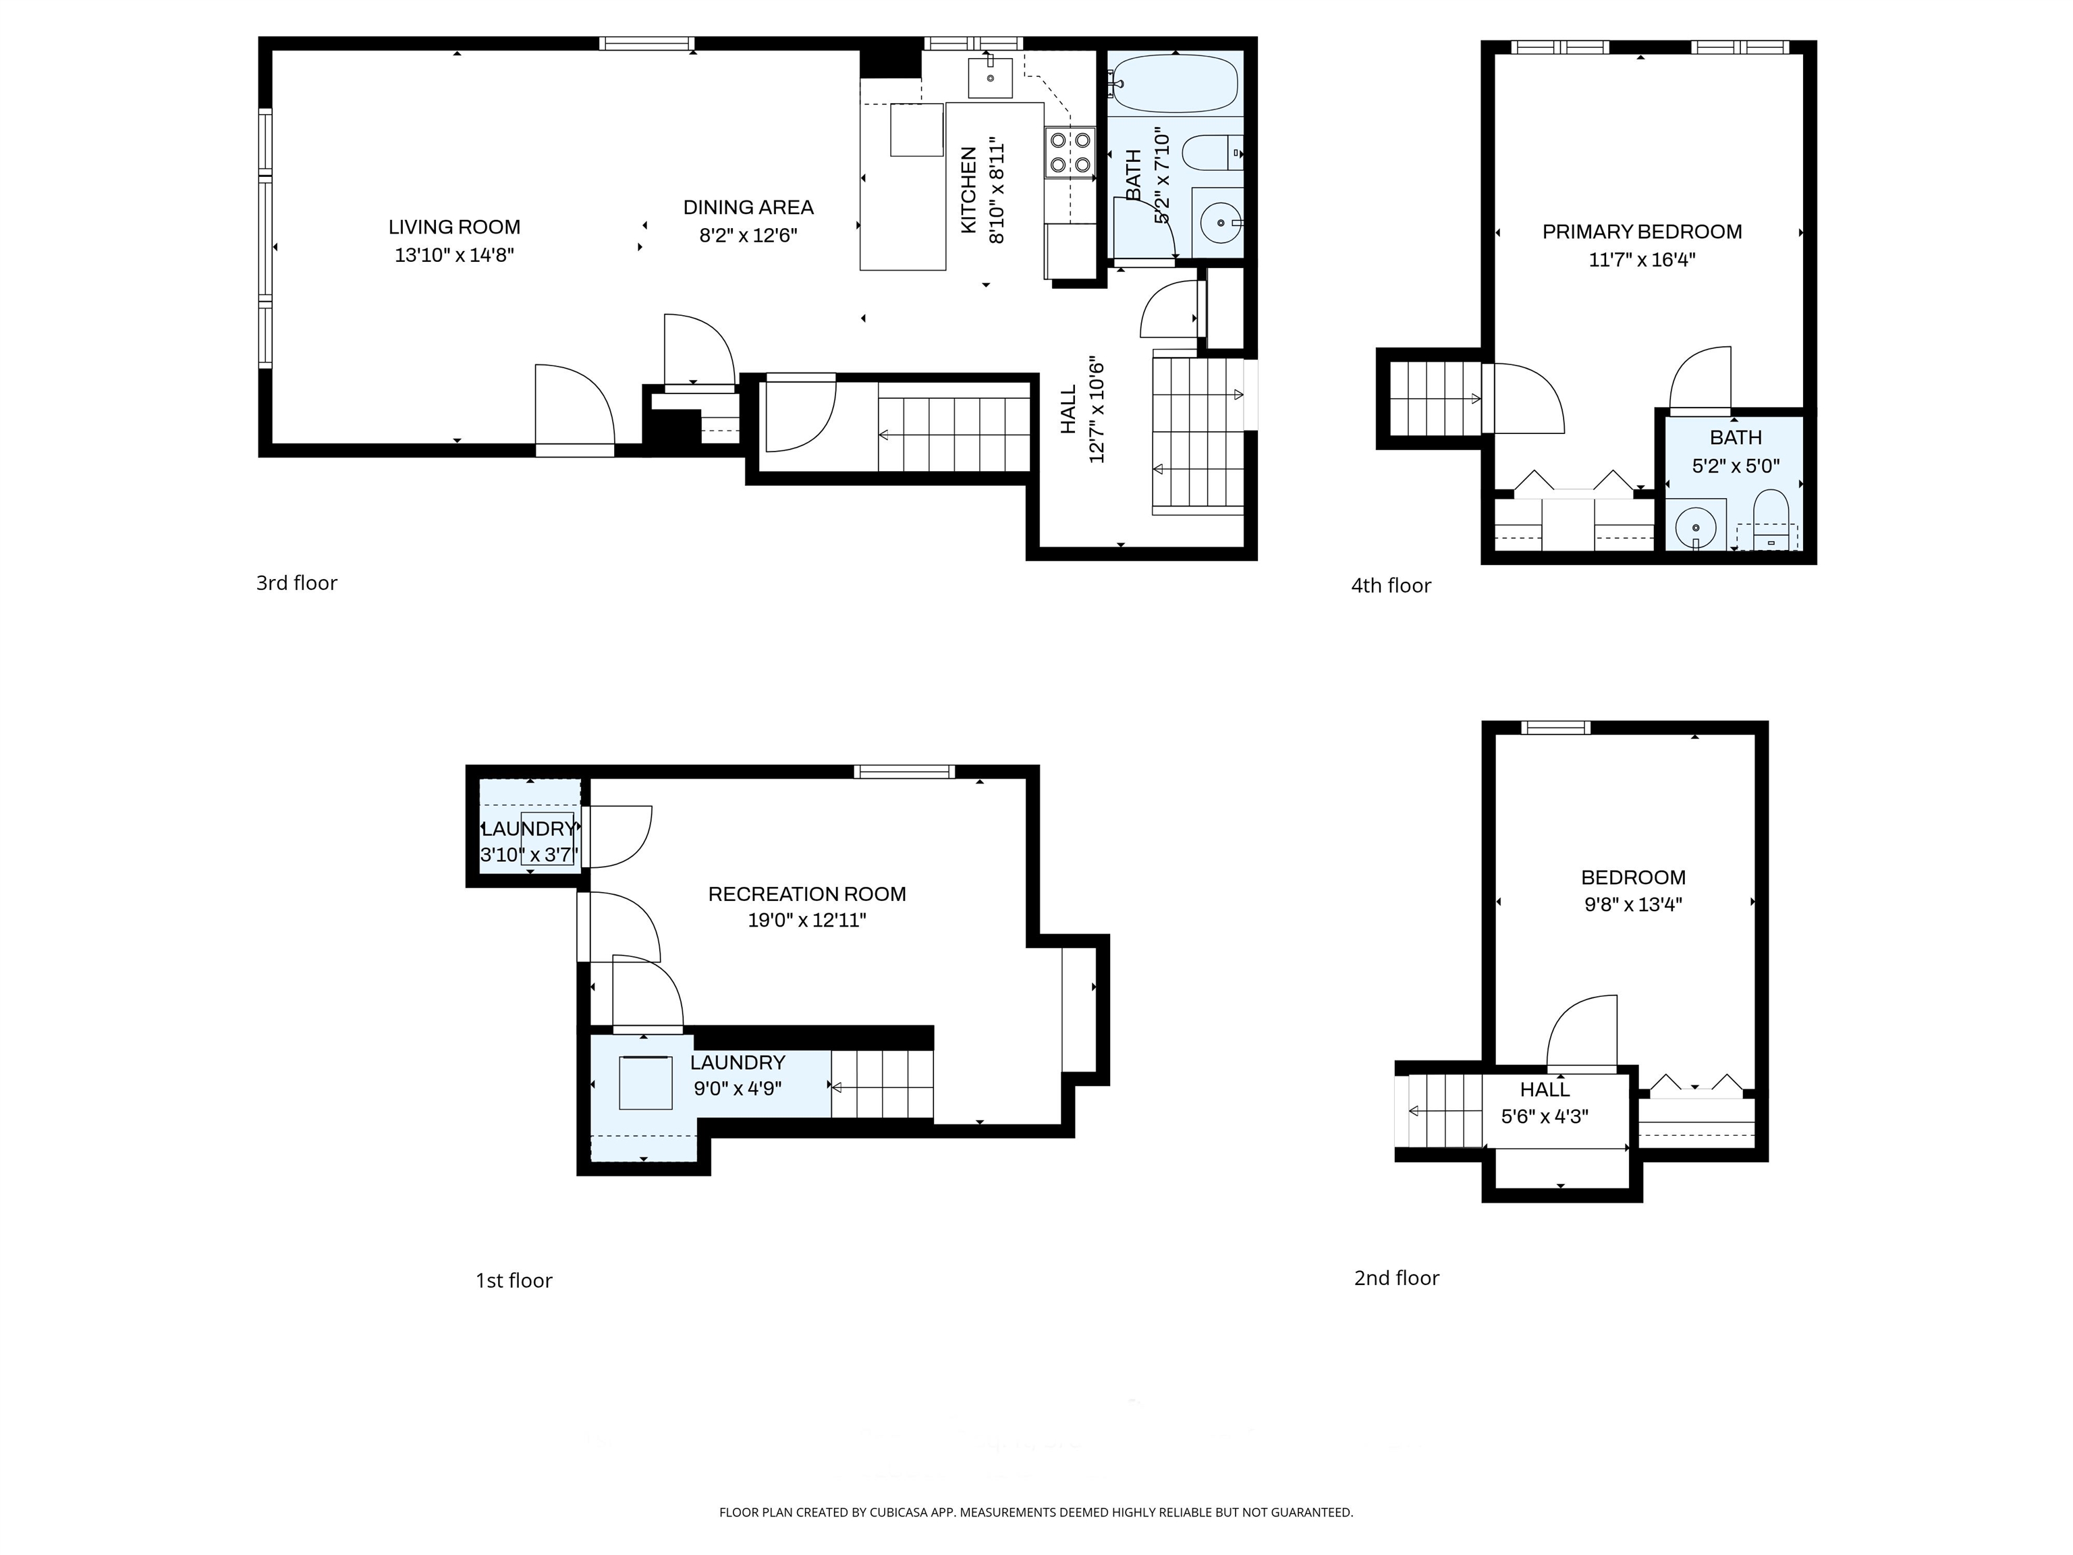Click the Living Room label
455,227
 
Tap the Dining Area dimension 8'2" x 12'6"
748,236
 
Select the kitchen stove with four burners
1070,153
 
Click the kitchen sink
991,78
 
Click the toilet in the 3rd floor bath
1213,153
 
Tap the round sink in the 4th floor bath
1695,528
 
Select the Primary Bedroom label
1642,231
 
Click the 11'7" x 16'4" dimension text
1642,260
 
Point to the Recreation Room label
807,894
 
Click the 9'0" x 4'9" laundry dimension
738,1089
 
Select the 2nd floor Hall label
1545,1090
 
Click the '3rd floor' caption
297,583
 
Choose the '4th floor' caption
1391,586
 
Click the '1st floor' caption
514,1280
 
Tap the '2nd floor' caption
1396,1278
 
